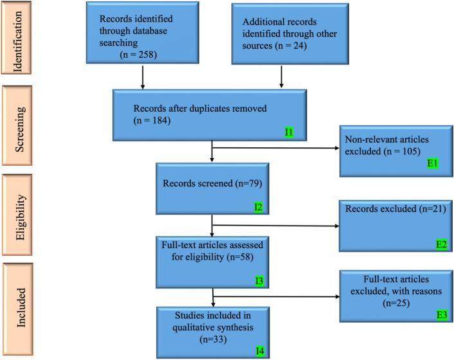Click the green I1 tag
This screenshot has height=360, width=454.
tap(289, 132)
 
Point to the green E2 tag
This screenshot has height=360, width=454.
tap(433, 244)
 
